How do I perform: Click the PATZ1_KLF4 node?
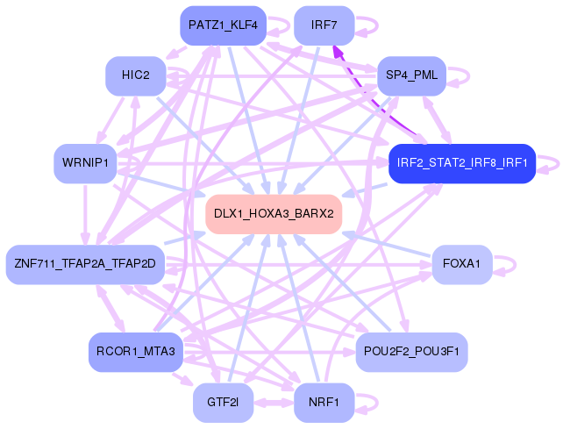(x=223, y=25)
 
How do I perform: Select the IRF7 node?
(x=324, y=25)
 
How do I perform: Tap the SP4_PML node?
(x=411, y=75)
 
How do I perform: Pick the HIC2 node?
(x=136, y=75)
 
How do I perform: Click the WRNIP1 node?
(x=85, y=163)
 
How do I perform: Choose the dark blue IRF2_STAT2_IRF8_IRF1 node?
(x=461, y=163)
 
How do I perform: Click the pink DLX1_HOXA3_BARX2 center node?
(x=273, y=214)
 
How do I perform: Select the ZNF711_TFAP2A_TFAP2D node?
(x=84, y=264)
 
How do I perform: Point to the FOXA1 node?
(x=461, y=264)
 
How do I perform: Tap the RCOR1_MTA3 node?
(x=135, y=352)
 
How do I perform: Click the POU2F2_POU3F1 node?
(x=411, y=352)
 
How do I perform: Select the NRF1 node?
(x=324, y=402)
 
